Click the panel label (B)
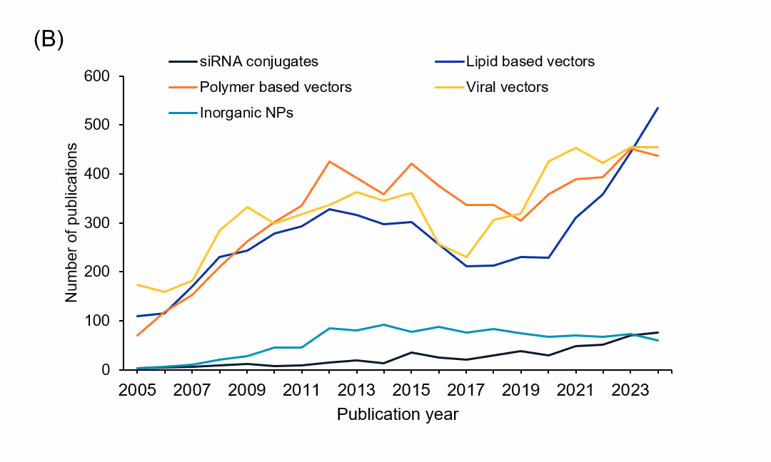point(49,40)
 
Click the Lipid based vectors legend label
point(530,61)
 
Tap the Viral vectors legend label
point(507,87)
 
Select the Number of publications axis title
point(71,222)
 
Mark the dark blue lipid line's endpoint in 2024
point(657,108)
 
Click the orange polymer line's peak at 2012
point(329,161)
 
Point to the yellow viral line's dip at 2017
point(466,257)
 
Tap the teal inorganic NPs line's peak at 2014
point(384,324)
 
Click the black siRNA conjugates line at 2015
point(411,352)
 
